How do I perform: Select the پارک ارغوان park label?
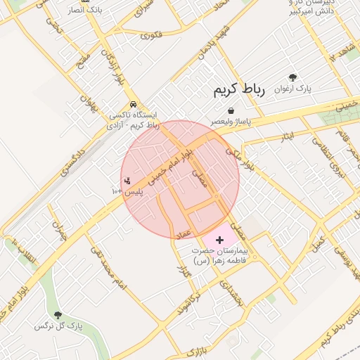tap(292, 89)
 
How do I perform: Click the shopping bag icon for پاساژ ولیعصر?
tap(231, 110)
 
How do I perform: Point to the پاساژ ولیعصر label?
tap(231, 122)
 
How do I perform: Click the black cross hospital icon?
tap(219, 240)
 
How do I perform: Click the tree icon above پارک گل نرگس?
tap(58, 316)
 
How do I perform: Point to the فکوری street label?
tap(151, 34)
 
